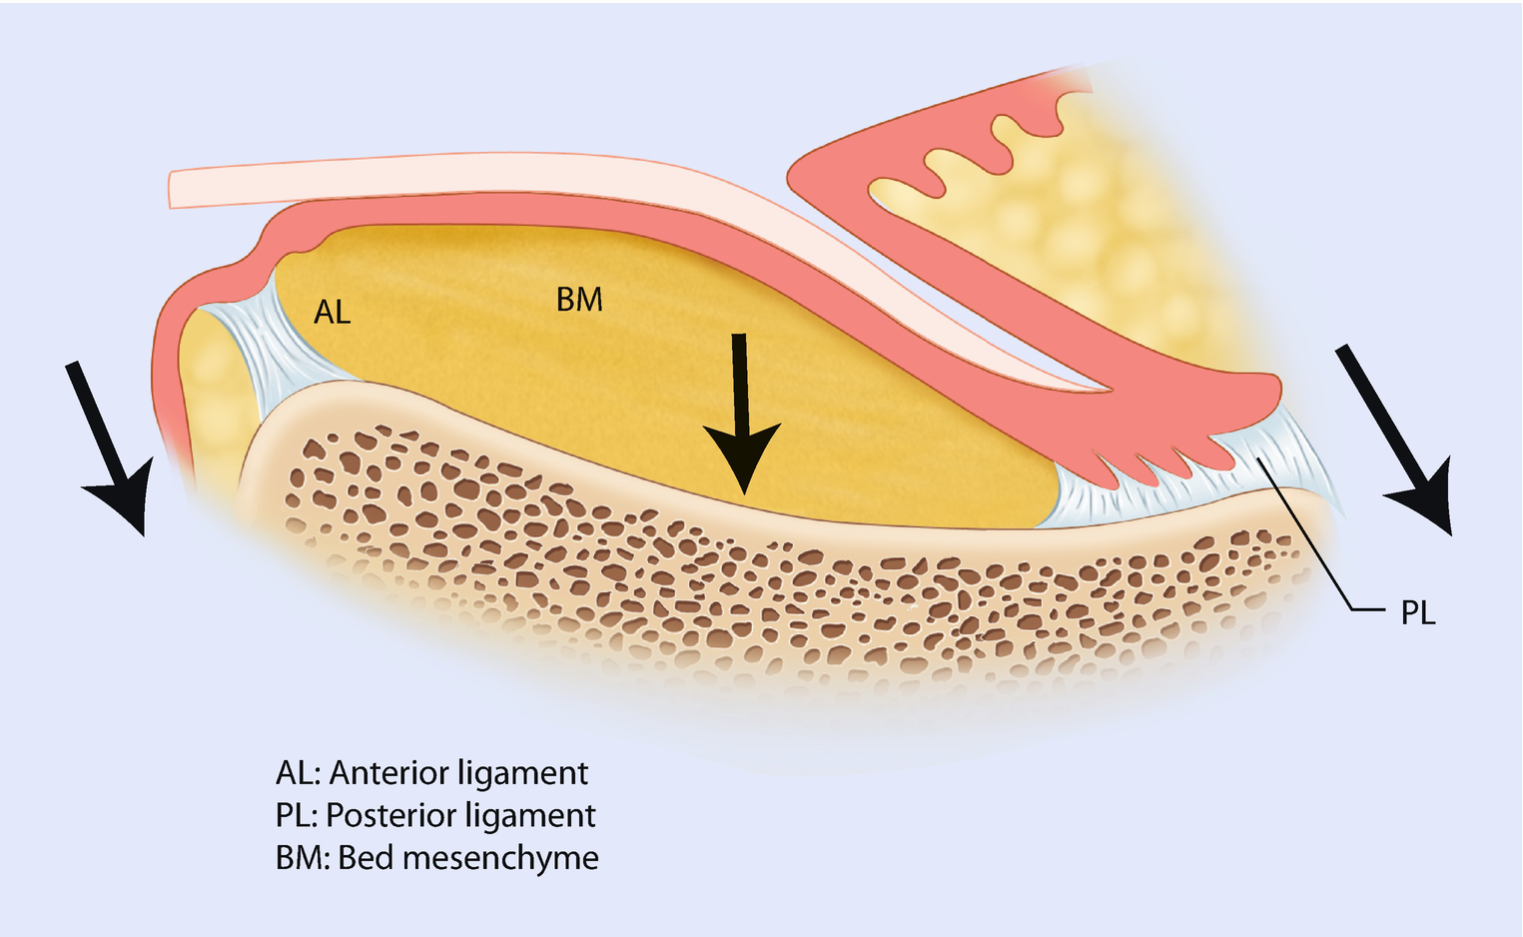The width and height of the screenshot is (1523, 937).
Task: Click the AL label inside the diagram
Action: tap(333, 313)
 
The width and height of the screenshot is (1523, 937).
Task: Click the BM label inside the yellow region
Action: tap(579, 299)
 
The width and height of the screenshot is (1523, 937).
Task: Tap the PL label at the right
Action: tap(1417, 612)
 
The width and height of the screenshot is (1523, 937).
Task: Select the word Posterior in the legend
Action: tap(390, 815)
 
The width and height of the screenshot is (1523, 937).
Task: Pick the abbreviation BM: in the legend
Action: tap(301, 858)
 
